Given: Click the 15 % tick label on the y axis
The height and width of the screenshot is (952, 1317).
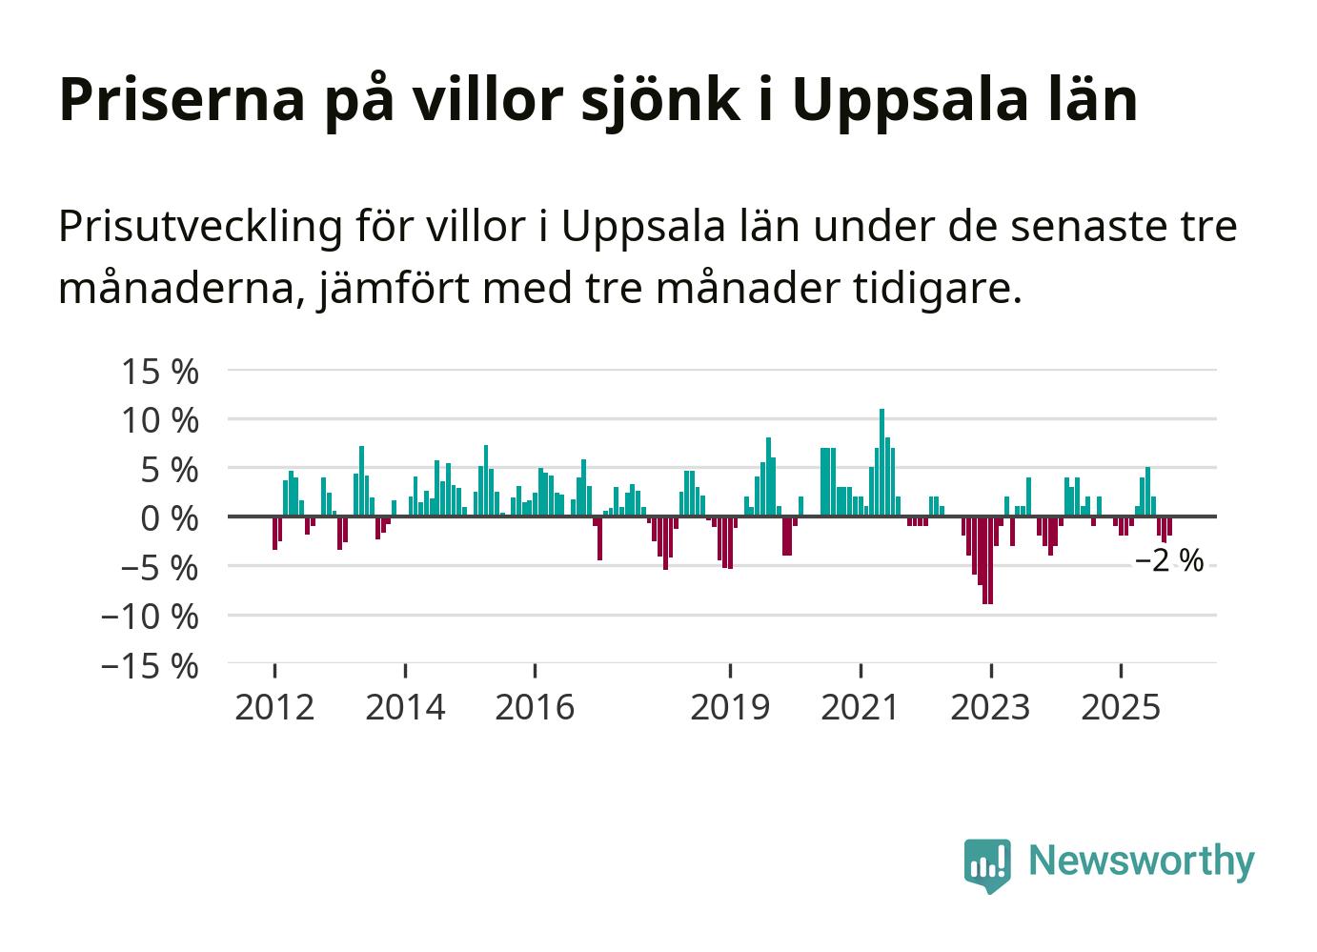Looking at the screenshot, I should (x=160, y=372).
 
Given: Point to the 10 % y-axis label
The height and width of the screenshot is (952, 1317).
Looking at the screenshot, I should (x=160, y=421).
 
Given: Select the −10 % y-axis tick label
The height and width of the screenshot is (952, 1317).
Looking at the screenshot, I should (x=150, y=617).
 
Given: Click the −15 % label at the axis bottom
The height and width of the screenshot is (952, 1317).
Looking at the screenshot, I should (x=150, y=666).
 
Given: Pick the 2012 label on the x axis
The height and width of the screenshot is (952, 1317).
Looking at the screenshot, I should (x=274, y=708).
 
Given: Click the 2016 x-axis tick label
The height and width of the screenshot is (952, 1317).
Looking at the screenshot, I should (x=535, y=708).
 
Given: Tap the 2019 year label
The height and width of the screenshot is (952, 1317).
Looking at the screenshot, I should (x=730, y=708).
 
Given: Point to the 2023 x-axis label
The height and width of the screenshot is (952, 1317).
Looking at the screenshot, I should (x=991, y=708).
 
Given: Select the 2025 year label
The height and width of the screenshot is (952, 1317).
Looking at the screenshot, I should (x=1121, y=708).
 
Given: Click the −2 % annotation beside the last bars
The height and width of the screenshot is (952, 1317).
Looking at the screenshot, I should (x=1168, y=562).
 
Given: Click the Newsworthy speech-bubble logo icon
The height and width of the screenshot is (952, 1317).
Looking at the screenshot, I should (x=987, y=864).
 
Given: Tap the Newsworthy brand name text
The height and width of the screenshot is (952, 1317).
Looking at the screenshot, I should (x=1142, y=861).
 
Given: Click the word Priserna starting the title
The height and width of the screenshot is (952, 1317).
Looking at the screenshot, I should (x=180, y=100).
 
